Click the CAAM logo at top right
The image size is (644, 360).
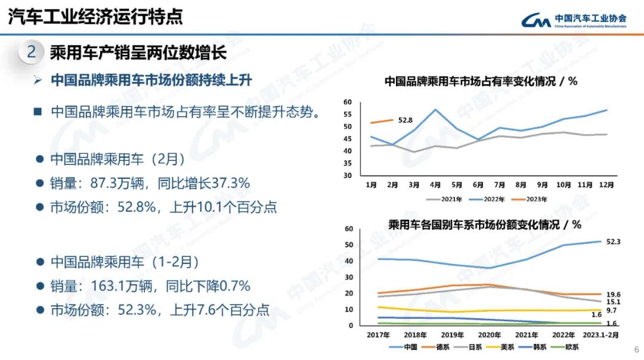573,20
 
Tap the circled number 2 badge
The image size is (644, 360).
32,52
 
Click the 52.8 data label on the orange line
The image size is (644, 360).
405,120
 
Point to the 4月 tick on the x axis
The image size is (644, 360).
435,185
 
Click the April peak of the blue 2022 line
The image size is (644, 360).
436,110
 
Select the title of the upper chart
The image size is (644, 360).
481,82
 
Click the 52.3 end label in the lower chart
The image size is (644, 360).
614,241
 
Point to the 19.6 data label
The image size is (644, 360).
614,294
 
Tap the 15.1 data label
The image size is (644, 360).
614,302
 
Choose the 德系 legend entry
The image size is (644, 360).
439,346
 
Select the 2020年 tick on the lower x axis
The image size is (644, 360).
490,335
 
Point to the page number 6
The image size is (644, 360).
636,350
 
